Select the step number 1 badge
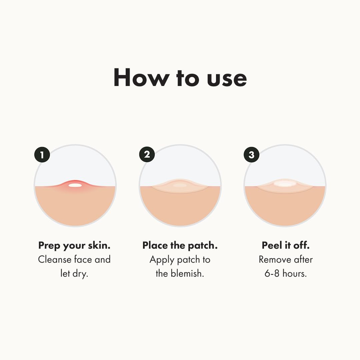[42, 155]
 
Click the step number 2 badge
[147, 155]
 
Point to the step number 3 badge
[251, 155]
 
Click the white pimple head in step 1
[75, 185]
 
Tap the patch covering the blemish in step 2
[180, 186]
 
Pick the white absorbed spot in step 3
[284, 184]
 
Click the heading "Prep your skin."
[74, 246]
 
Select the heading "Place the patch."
[180, 246]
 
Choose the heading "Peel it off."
[286, 246]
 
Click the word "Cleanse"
[55, 260]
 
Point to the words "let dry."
[74, 274]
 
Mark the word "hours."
[295, 274]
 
